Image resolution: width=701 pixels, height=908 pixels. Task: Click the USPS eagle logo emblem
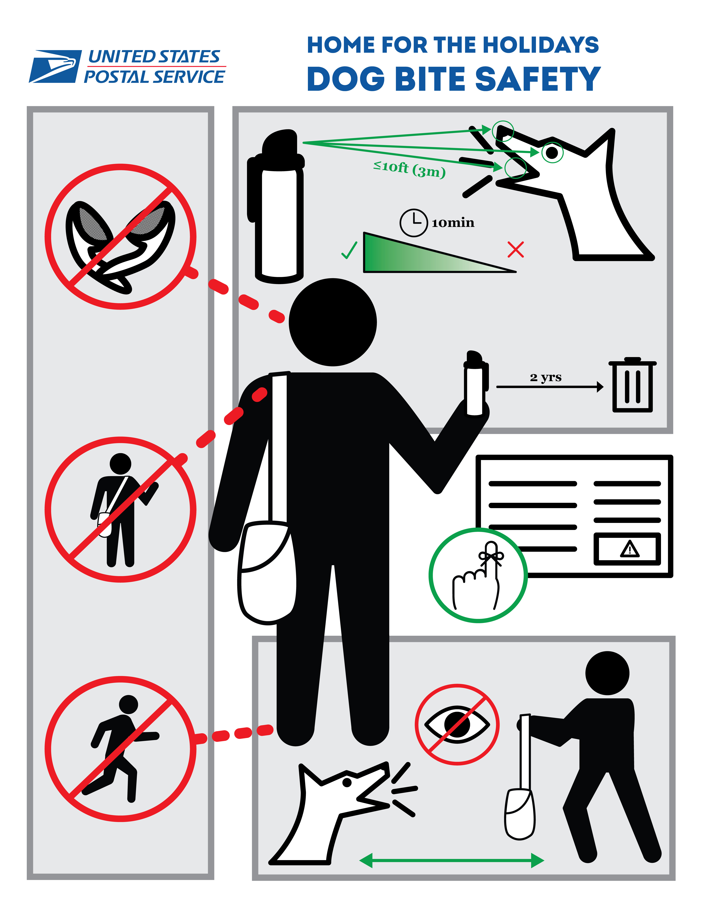[x=55, y=67]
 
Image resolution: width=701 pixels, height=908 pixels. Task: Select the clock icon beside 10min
[x=413, y=223]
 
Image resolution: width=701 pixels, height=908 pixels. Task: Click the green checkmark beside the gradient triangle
[x=349, y=250]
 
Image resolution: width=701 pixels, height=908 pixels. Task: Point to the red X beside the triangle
[x=516, y=249]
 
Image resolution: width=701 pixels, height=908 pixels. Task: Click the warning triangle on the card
[x=630, y=549]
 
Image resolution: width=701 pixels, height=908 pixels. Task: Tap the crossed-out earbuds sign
[x=120, y=237]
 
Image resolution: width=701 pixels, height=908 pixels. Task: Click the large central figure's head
[x=333, y=322]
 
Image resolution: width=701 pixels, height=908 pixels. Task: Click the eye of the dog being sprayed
[x=552, y=153]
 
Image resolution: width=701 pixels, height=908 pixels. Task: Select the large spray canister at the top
[x=278, y=208]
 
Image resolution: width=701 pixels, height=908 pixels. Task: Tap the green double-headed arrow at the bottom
[x=451, y=861]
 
